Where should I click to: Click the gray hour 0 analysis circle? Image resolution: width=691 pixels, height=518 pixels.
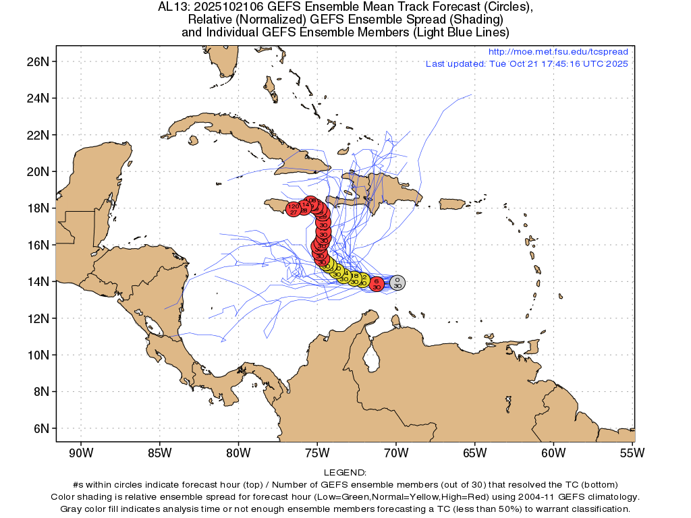pos(397,283)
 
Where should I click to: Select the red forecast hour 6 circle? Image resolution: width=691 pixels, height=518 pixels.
pos(377,283)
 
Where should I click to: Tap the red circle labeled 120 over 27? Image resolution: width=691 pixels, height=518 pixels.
pos(294,209)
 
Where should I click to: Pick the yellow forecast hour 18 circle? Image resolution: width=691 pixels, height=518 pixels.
pos(355,278)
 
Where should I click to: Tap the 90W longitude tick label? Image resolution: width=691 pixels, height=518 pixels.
pos(81,453)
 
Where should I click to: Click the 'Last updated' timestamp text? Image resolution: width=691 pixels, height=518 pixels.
pos(526,64)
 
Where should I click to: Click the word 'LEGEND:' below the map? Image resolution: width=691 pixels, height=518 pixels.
pos(345,473)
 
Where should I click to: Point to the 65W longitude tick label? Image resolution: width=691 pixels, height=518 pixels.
pos(475,453)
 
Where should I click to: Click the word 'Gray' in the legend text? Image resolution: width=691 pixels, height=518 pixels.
pos(74,508)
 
